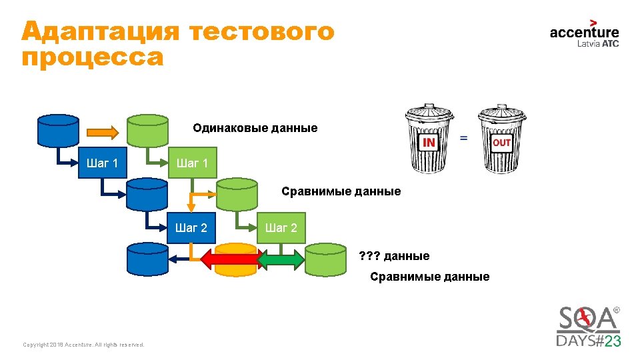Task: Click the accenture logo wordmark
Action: point(584,31)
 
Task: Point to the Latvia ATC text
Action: point(597,44)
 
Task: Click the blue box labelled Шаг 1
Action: point(102,163)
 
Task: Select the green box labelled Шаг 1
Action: point(192,163)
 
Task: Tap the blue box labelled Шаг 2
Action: point(191,228)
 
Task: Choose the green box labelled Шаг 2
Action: point(281,228)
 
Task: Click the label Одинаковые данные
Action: point(255,127)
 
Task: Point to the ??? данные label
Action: point(394,255)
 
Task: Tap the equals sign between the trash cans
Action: point(463,138)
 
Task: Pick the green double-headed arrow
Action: point(281,259)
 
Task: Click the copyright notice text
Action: point(83,345)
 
